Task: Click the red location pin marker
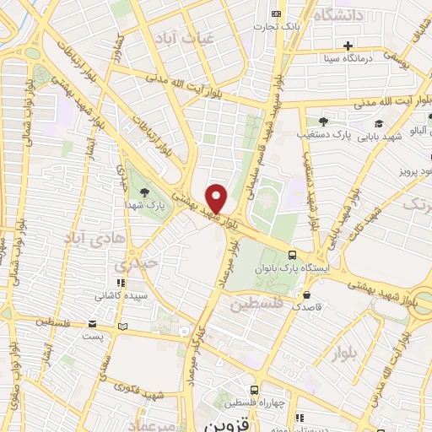click(217, 197)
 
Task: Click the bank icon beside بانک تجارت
click(276, 13)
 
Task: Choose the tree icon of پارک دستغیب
click(323, 121)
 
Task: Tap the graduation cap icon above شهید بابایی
click(402, 123)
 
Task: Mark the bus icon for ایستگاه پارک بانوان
click(292, 255)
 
